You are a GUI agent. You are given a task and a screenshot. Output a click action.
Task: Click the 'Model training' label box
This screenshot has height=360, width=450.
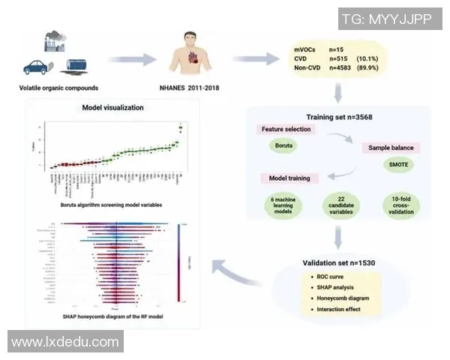click(290, 178)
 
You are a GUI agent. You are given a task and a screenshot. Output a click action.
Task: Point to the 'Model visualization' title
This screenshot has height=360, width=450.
click(112, 108)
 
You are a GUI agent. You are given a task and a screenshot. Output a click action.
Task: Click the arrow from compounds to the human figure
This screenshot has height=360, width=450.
click(131, 58)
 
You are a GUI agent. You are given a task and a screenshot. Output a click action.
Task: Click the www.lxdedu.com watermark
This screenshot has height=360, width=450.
click(65, 341)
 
